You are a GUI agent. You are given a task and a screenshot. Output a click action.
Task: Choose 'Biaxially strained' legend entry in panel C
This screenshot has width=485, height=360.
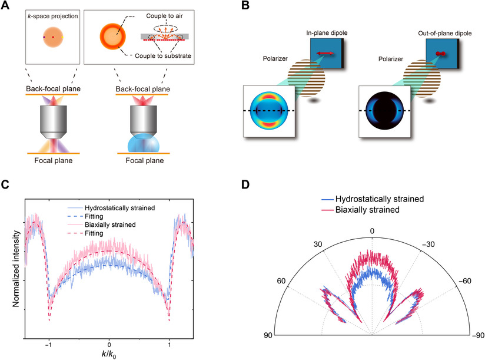(x=109, y=224)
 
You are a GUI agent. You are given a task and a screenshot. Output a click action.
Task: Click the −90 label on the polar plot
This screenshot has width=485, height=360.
(x=477, y=335)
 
